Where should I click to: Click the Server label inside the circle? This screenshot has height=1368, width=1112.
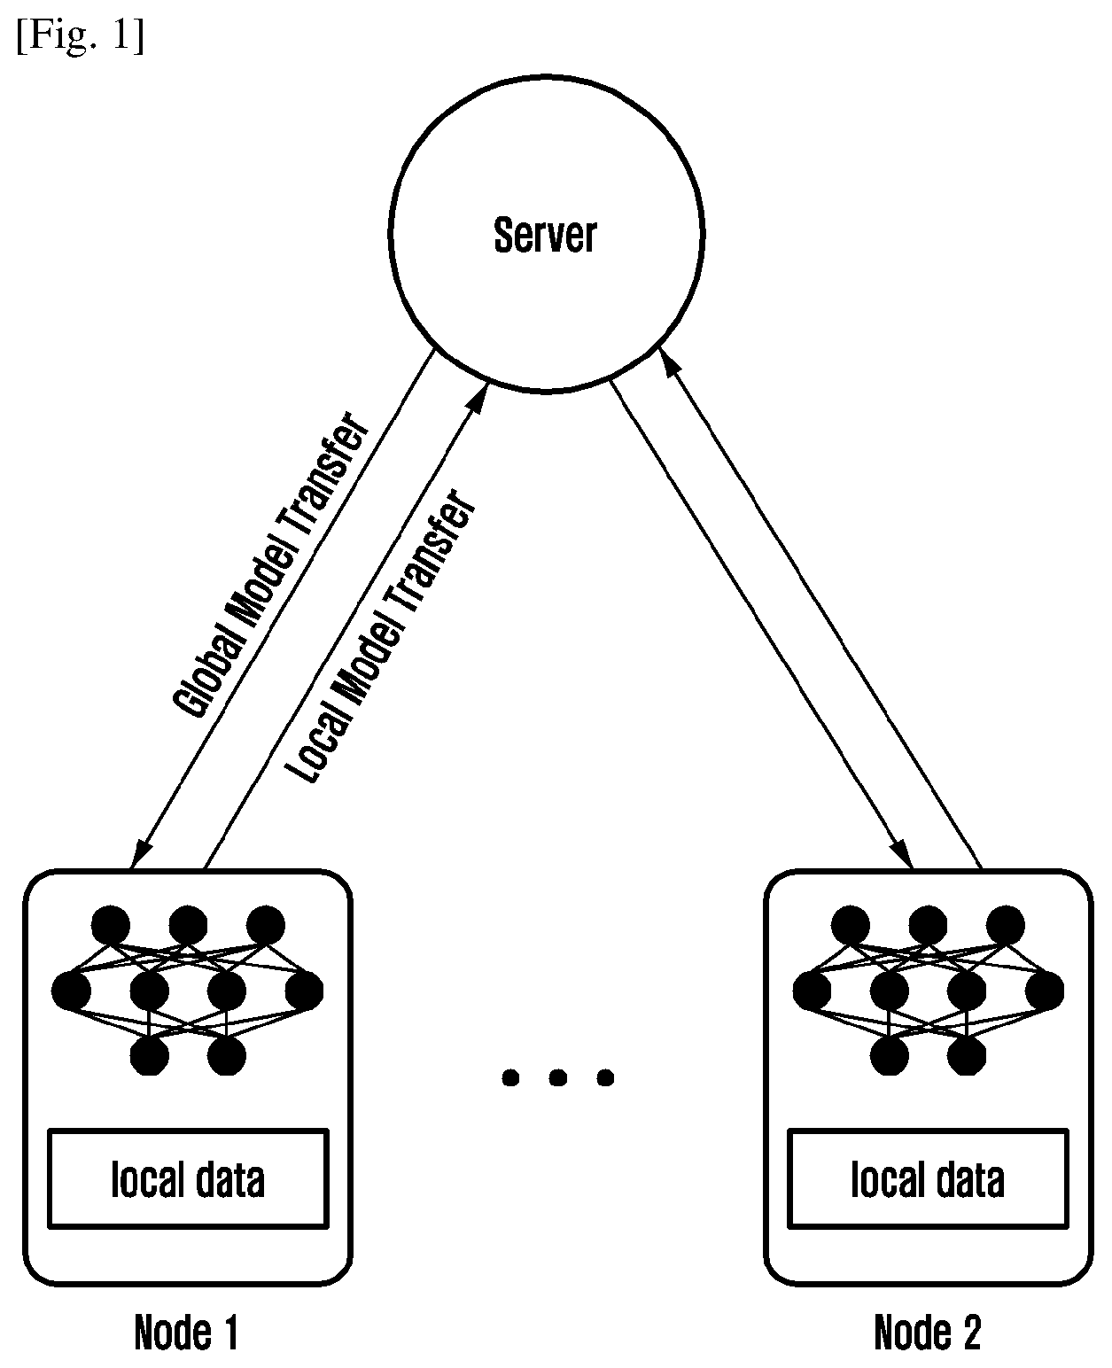click(545, 235)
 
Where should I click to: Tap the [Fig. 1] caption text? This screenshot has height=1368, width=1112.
click(81, 35)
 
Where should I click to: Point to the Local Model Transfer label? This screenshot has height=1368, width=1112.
click(380, 637)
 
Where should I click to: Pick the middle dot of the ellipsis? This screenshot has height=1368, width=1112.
click(557, 1077)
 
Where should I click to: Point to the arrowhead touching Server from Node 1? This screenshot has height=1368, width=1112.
click(478, 398)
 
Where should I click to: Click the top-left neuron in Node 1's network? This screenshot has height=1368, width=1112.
click(111, 926)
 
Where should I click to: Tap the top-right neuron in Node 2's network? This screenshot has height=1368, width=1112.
click(1006, 926)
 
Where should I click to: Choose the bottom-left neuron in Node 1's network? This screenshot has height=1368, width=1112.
click(150, 1055)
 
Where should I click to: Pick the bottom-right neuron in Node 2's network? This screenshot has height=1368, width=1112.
click(967, 1055)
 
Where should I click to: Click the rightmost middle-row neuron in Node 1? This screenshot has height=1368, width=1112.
click(304, 991)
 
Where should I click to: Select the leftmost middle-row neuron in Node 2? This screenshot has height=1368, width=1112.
click(812, 991)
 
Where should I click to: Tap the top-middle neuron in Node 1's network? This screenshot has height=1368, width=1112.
click(188, 926)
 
